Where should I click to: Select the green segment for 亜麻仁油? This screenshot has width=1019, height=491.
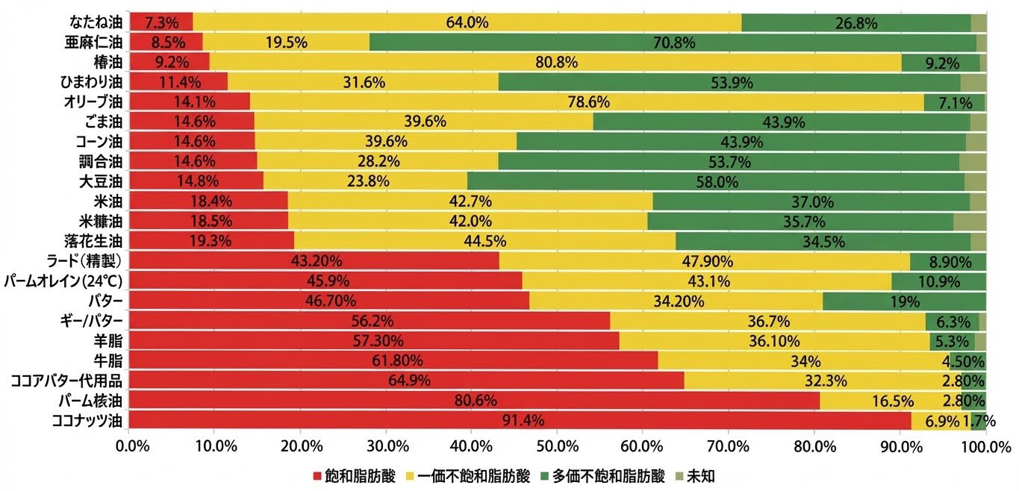[x=673, y=43]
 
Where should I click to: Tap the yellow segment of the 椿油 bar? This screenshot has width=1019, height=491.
[x=555, y=63]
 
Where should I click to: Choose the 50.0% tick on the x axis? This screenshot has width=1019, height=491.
[x=558, y=447]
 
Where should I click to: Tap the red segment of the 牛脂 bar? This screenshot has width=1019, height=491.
[x=393, y=361]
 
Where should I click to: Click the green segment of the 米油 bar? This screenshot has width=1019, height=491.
[x=811, y=201]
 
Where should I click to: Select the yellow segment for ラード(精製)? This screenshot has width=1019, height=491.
[x=705, y=261]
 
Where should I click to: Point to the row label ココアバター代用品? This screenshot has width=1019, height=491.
[x=66, y=381]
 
